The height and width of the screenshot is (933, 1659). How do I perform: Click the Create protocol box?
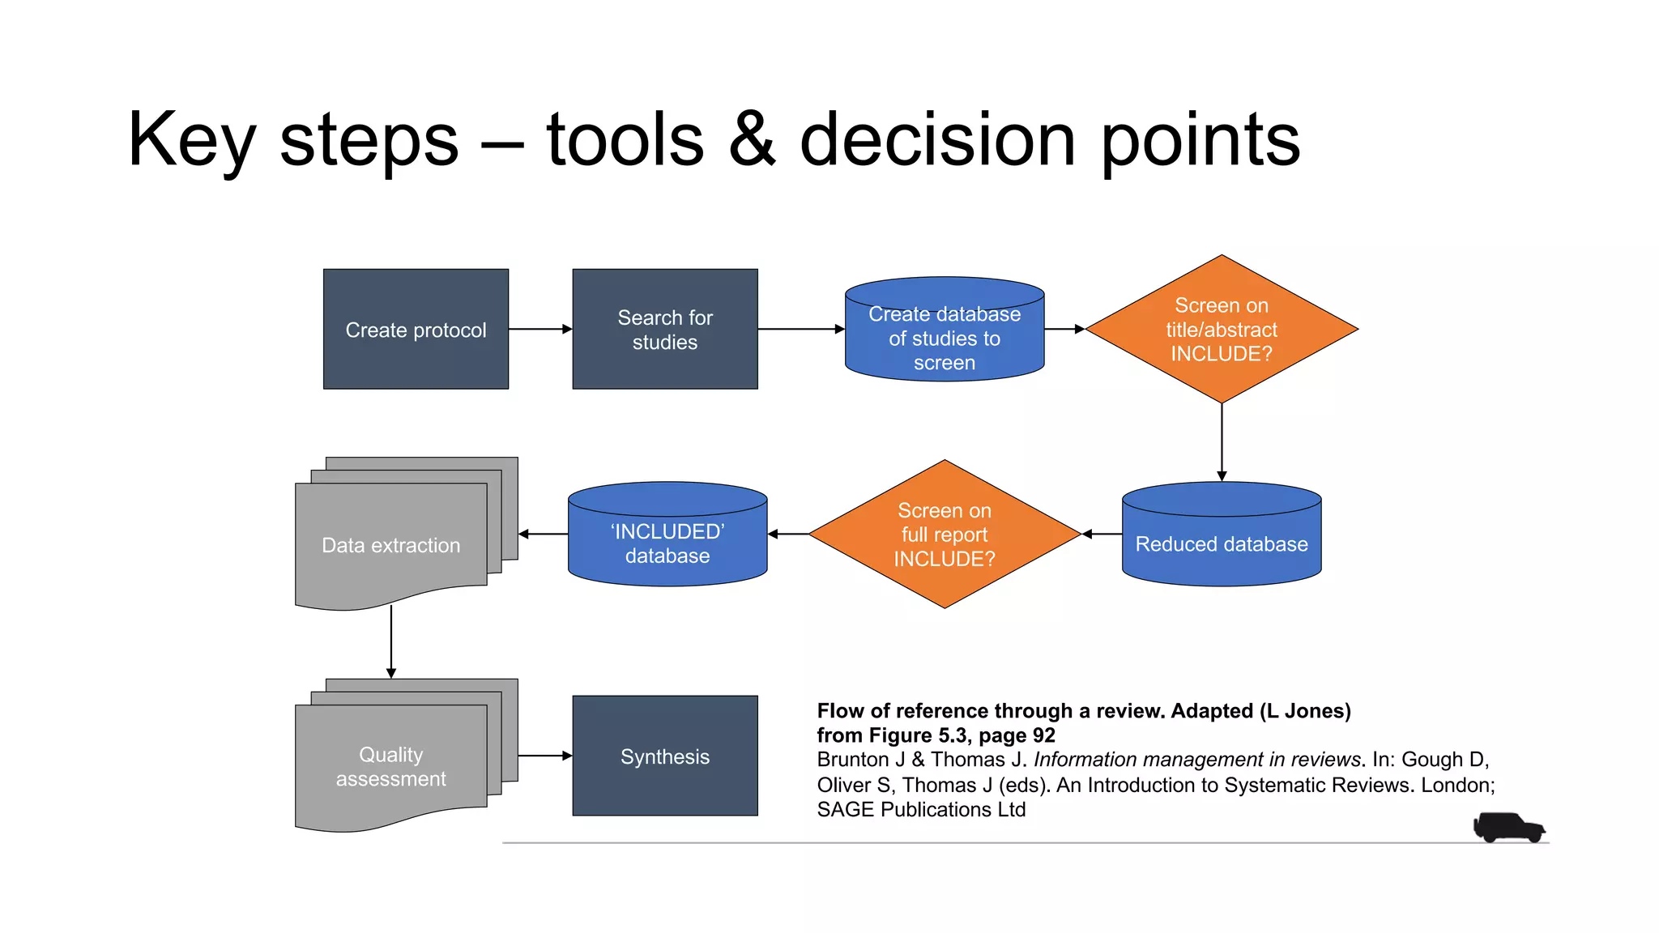416,330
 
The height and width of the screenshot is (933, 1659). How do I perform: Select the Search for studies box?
665,330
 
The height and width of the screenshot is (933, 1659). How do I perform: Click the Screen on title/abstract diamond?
1222,330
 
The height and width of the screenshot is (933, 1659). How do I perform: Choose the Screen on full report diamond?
945,535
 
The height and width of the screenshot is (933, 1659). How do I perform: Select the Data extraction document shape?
391,545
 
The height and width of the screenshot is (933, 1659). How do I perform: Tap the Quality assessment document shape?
391,766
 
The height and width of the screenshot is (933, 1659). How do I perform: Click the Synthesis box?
665,756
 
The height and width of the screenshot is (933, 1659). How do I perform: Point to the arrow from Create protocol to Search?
540,330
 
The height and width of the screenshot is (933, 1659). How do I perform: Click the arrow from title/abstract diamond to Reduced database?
1222,442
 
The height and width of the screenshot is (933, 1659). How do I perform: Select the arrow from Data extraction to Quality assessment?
391,641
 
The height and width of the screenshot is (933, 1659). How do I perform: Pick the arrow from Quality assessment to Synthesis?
544,756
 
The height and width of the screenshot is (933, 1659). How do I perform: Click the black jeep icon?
1508,828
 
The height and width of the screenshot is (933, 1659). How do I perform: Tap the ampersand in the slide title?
752,139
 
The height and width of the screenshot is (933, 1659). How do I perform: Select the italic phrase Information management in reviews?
1196,760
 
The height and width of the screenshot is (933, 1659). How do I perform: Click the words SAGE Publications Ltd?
921,810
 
